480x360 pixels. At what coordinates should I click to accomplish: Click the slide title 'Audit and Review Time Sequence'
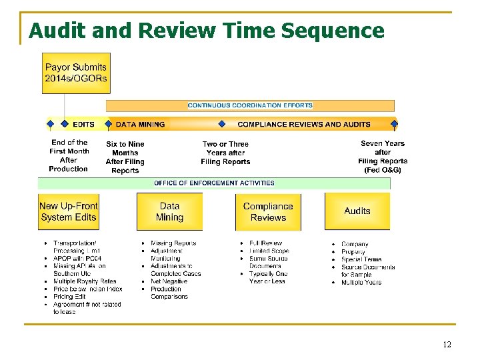point(207,31)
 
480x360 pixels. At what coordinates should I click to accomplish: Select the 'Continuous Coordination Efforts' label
point(250,105)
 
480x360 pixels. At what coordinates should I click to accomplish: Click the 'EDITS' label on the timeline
point(83,124)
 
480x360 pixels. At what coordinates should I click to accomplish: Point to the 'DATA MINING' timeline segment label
point(140,124)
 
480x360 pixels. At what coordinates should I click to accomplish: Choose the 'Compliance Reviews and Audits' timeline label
point(303,124)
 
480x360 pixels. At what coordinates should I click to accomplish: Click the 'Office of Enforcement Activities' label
point(214,183)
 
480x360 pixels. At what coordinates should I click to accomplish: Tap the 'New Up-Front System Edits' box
point(68,212)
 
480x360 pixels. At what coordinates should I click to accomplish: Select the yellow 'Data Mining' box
point(169,212)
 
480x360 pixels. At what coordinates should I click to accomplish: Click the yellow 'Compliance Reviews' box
point(268,212)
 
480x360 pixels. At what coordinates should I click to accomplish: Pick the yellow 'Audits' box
point(357,211)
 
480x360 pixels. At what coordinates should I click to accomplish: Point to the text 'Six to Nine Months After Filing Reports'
point(125,157)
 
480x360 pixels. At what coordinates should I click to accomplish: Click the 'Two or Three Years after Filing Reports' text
point(225,153)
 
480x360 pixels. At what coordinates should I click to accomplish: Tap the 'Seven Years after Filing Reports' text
point(383,157)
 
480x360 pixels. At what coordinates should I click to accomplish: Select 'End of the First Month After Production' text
point(69,155)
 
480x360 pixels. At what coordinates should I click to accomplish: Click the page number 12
point(447,345)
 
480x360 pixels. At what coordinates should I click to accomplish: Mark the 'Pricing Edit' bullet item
point(69,297)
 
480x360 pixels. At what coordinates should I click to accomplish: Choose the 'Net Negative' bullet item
point(169,281)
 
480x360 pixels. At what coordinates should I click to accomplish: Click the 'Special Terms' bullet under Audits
point(361,259)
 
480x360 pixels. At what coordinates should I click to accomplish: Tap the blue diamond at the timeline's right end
point(394,123)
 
